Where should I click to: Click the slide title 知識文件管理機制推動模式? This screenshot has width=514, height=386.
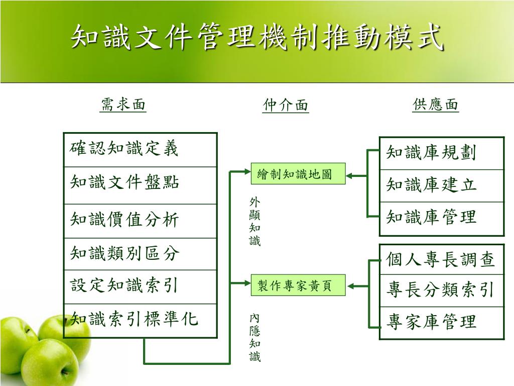tap(257, 38)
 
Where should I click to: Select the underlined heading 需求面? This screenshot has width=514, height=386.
tap(123, 105)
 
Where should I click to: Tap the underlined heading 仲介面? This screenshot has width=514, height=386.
tap(286, 105)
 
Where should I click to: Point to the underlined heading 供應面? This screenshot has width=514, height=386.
tap(436, 105)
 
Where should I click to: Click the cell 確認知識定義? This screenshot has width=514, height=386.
tap(140, 150)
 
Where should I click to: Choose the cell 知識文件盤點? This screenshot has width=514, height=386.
tap(140, 184)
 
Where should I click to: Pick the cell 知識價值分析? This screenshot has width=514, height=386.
tap(140, 220)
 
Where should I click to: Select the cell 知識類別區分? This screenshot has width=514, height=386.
tap(140, 254)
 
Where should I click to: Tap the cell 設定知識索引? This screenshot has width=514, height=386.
tap(140, 286)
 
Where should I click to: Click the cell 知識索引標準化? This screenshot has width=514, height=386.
tap(140, 320)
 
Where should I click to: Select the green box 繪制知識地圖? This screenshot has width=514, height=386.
tap(298, 174)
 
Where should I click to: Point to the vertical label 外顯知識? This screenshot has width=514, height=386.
tap(255, 222)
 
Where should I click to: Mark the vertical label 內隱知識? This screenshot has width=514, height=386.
tap(255, 337)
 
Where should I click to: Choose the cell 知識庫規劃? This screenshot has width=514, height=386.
tap(441, 153)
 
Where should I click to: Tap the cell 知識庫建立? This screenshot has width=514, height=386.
tap(441, 185)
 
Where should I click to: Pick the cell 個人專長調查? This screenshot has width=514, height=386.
tap(441, 259)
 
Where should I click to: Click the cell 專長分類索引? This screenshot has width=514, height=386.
tap(441, 290)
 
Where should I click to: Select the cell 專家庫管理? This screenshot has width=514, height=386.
tap(441, 322)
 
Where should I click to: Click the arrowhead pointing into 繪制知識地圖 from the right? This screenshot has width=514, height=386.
tap(350, 175)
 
